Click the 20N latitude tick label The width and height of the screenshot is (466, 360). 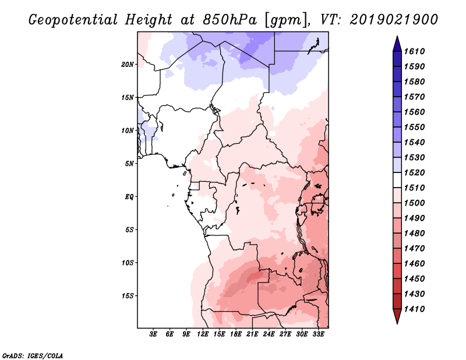coord(128,64)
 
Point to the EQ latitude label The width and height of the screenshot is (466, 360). coord(129,196)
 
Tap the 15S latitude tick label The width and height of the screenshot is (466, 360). coord(129,296)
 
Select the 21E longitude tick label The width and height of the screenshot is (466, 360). coord(252,334)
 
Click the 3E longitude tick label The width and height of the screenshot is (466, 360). coord(153,334)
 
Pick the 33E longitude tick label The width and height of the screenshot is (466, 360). coord(318,334)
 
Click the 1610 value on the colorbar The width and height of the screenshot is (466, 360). coord(415,51)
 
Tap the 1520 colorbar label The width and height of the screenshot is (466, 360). coord(415,172)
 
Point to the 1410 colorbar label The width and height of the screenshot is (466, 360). coord(415,309)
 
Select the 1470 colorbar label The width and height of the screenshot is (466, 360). coord(415,249)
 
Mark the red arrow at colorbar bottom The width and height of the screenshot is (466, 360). coord(397,316)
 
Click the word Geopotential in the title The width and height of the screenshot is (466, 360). coord(73,20)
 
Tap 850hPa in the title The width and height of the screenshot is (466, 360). coord(230,20)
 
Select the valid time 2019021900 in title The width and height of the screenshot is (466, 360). coord(394,20)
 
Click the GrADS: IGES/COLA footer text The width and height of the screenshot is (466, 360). coord(33,356)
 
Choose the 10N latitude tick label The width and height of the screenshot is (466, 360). coord(128,130)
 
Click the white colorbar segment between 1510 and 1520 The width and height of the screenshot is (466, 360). coord(397,180)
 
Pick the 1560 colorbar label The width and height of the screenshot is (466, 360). coord(415,112)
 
